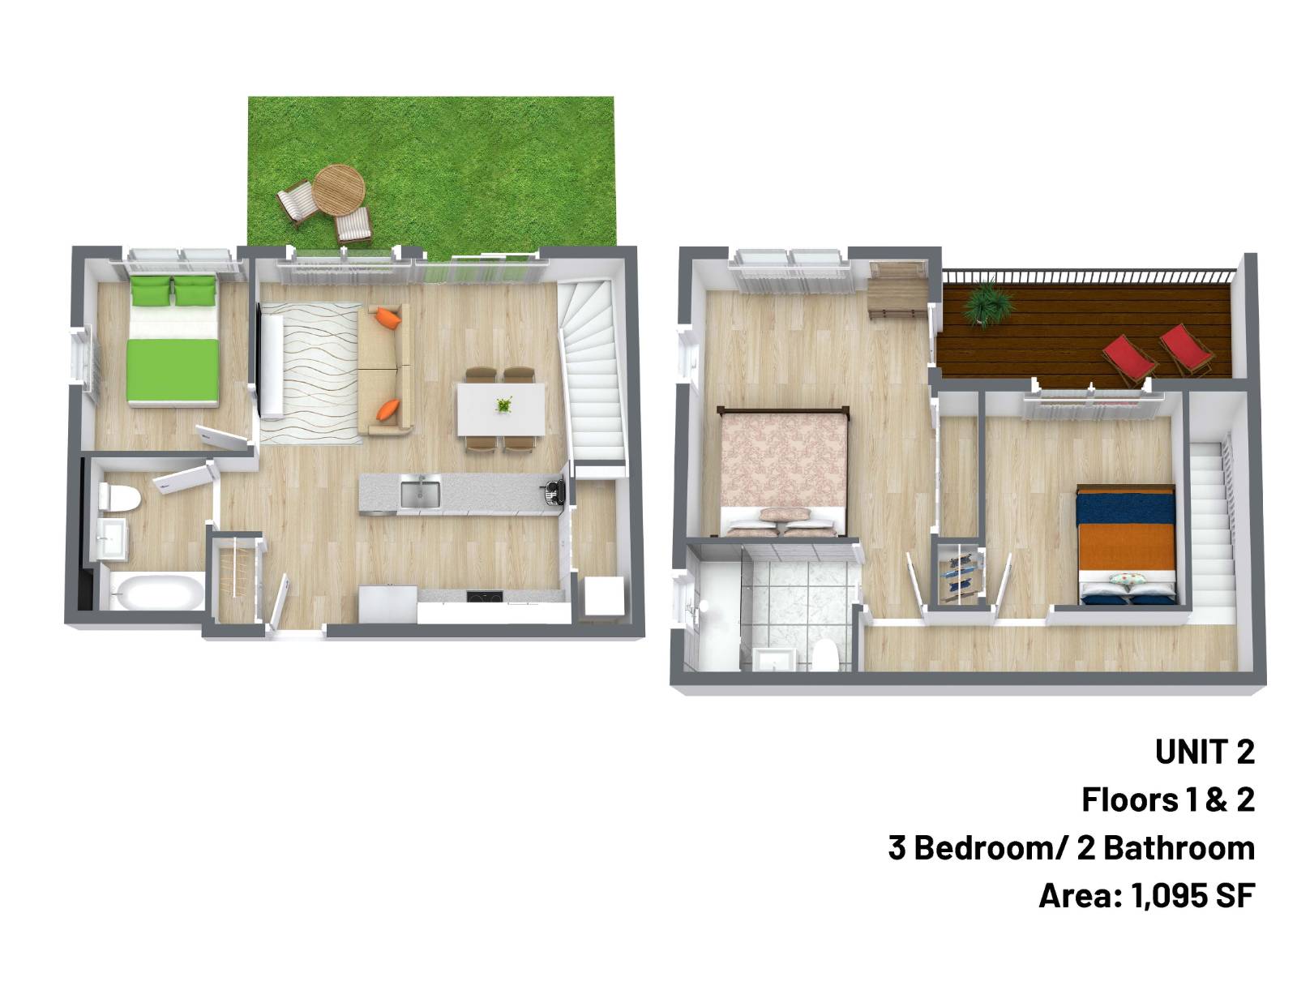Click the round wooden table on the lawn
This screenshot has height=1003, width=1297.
coord(339,190)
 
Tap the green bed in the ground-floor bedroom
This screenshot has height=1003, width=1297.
coord(173,341)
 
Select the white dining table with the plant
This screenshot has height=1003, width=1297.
coord(501,409)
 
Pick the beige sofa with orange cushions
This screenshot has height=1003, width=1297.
coord(385,369)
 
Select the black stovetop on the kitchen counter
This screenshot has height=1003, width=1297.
coord(484,596)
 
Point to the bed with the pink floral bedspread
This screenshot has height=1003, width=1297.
coord(783,472)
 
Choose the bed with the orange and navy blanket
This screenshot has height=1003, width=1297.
coord(1126,545)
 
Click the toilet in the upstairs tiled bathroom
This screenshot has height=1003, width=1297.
coord(826,655)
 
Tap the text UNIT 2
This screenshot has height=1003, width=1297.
coord(1205,752)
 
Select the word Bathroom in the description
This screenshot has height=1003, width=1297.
coord(1179,848)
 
